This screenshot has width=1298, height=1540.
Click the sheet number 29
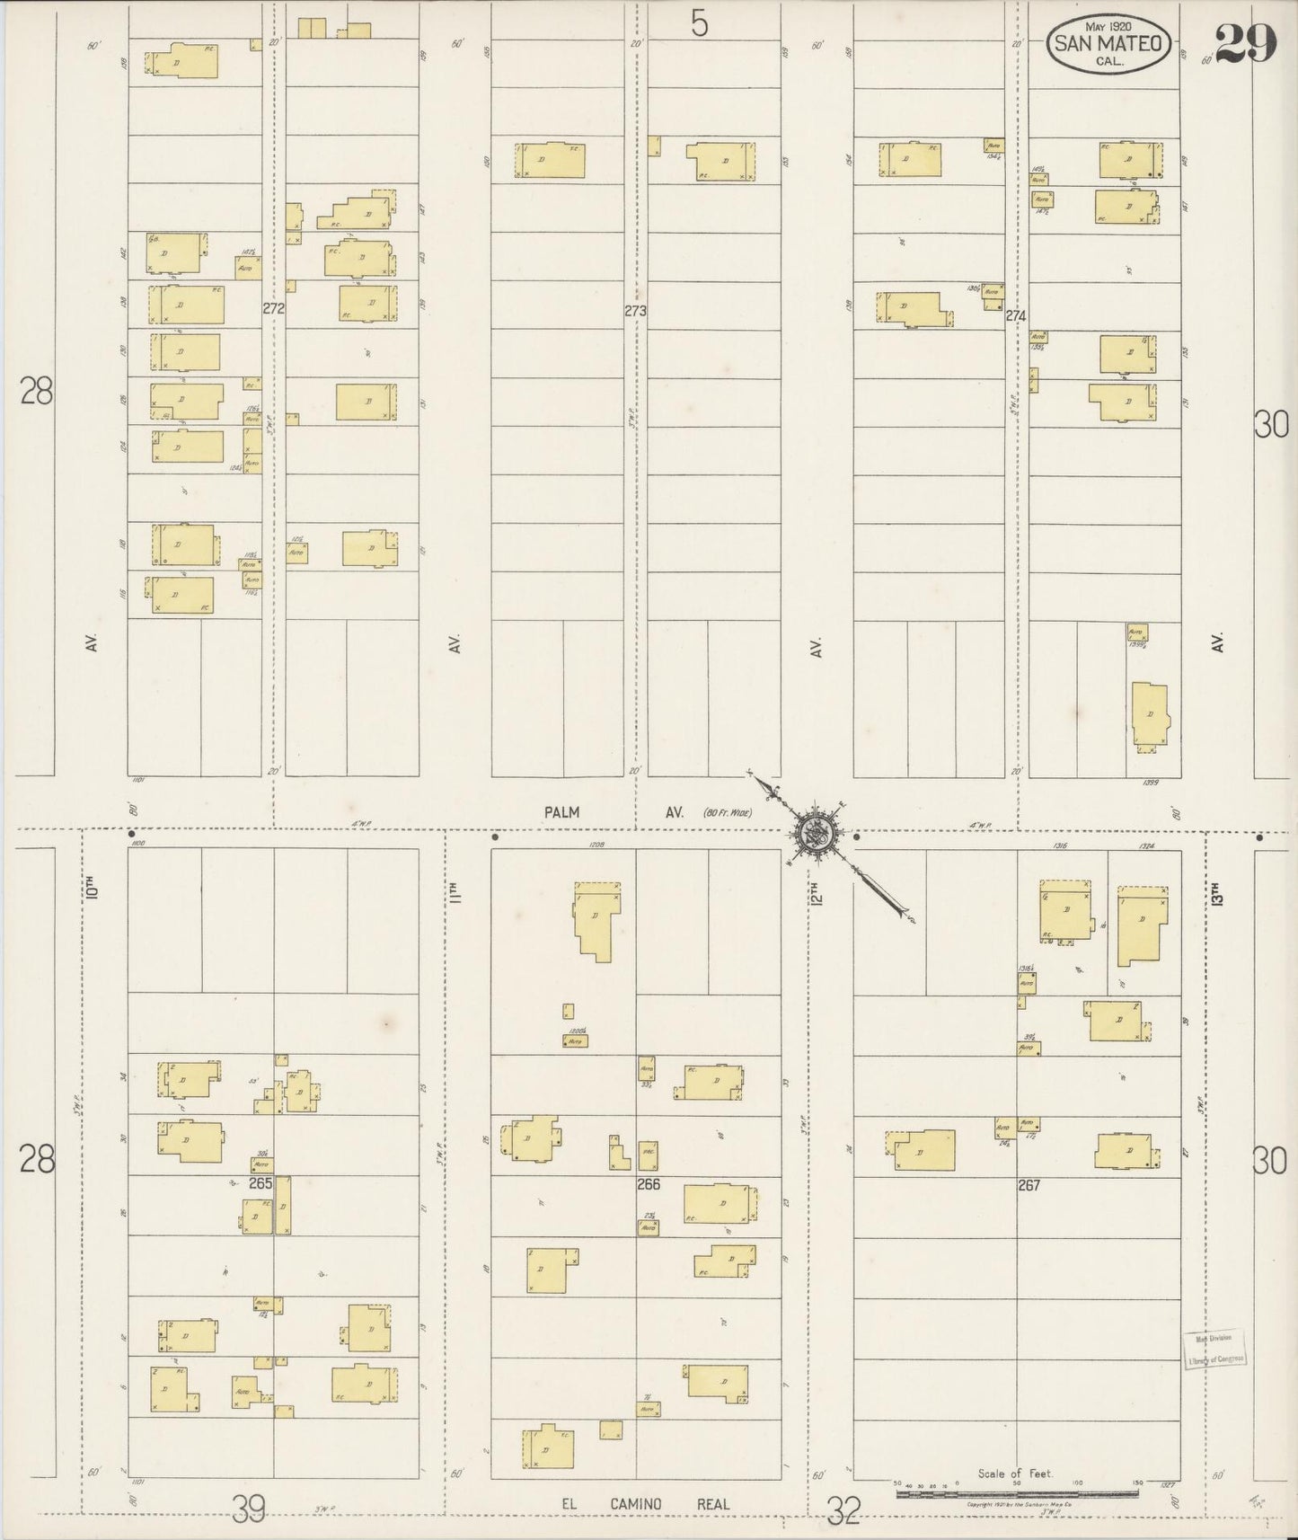click(x=1247, y=42)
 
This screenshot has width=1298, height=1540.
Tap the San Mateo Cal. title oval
click(x=1108, y=43)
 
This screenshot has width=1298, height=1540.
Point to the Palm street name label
click(x=561, y=812)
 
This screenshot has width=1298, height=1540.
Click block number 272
click(x=274, y=308)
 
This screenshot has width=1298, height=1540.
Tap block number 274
click(x=1016, y=315)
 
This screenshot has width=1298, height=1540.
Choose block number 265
click(x=260, y=1183)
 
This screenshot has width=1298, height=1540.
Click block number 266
click(x=649, y=1184)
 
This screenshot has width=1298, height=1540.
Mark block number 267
click(x=1029, y=1185)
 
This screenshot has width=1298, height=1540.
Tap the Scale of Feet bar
click(x=1017, y=1492)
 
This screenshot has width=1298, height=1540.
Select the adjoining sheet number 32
click(x=843, y=1514)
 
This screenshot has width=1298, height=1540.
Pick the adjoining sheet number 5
click(x=700, y=23)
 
